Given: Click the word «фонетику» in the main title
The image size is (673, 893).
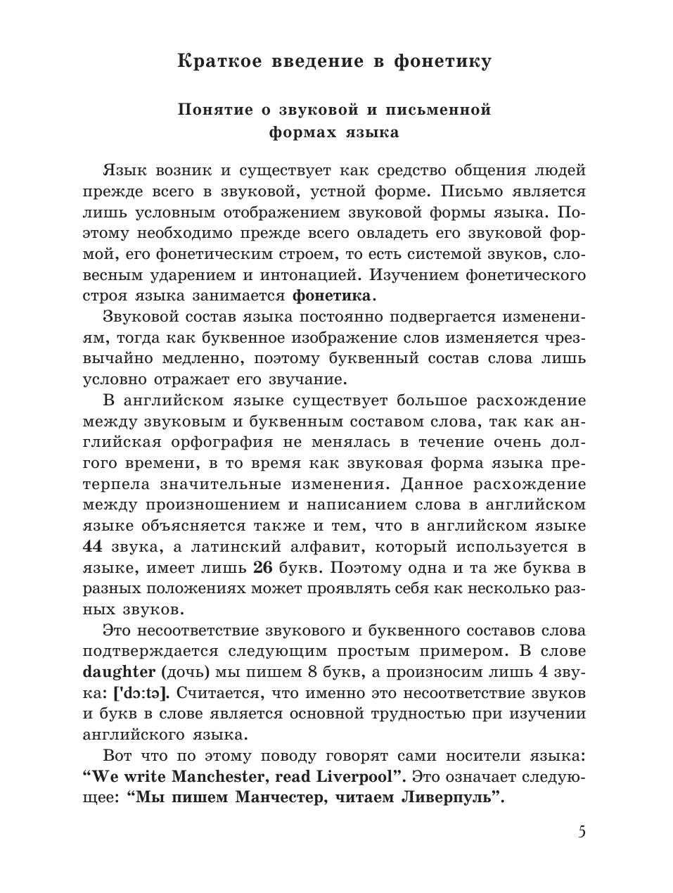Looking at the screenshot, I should tap(442, 61).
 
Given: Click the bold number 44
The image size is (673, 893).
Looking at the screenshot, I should tap(93, 547).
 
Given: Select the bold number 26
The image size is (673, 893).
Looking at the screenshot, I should tap(262, 568).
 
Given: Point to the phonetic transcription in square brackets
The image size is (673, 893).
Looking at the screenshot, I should tap(141, 693).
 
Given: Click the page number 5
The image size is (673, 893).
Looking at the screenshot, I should tap(582, 832).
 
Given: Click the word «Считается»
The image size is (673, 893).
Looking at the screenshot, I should tap(217, 693).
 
